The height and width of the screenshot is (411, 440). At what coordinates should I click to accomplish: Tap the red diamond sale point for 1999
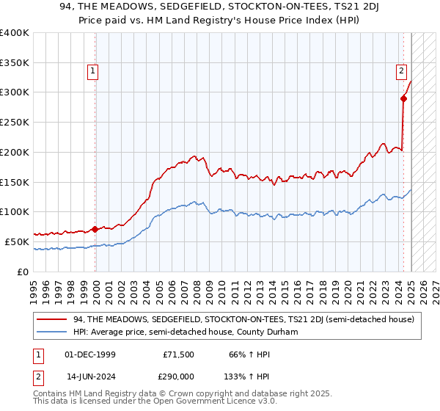point(95,228)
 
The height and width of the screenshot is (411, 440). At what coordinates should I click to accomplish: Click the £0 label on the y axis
point(23,272)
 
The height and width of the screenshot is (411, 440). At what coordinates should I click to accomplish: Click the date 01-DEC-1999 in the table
point(90,354)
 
